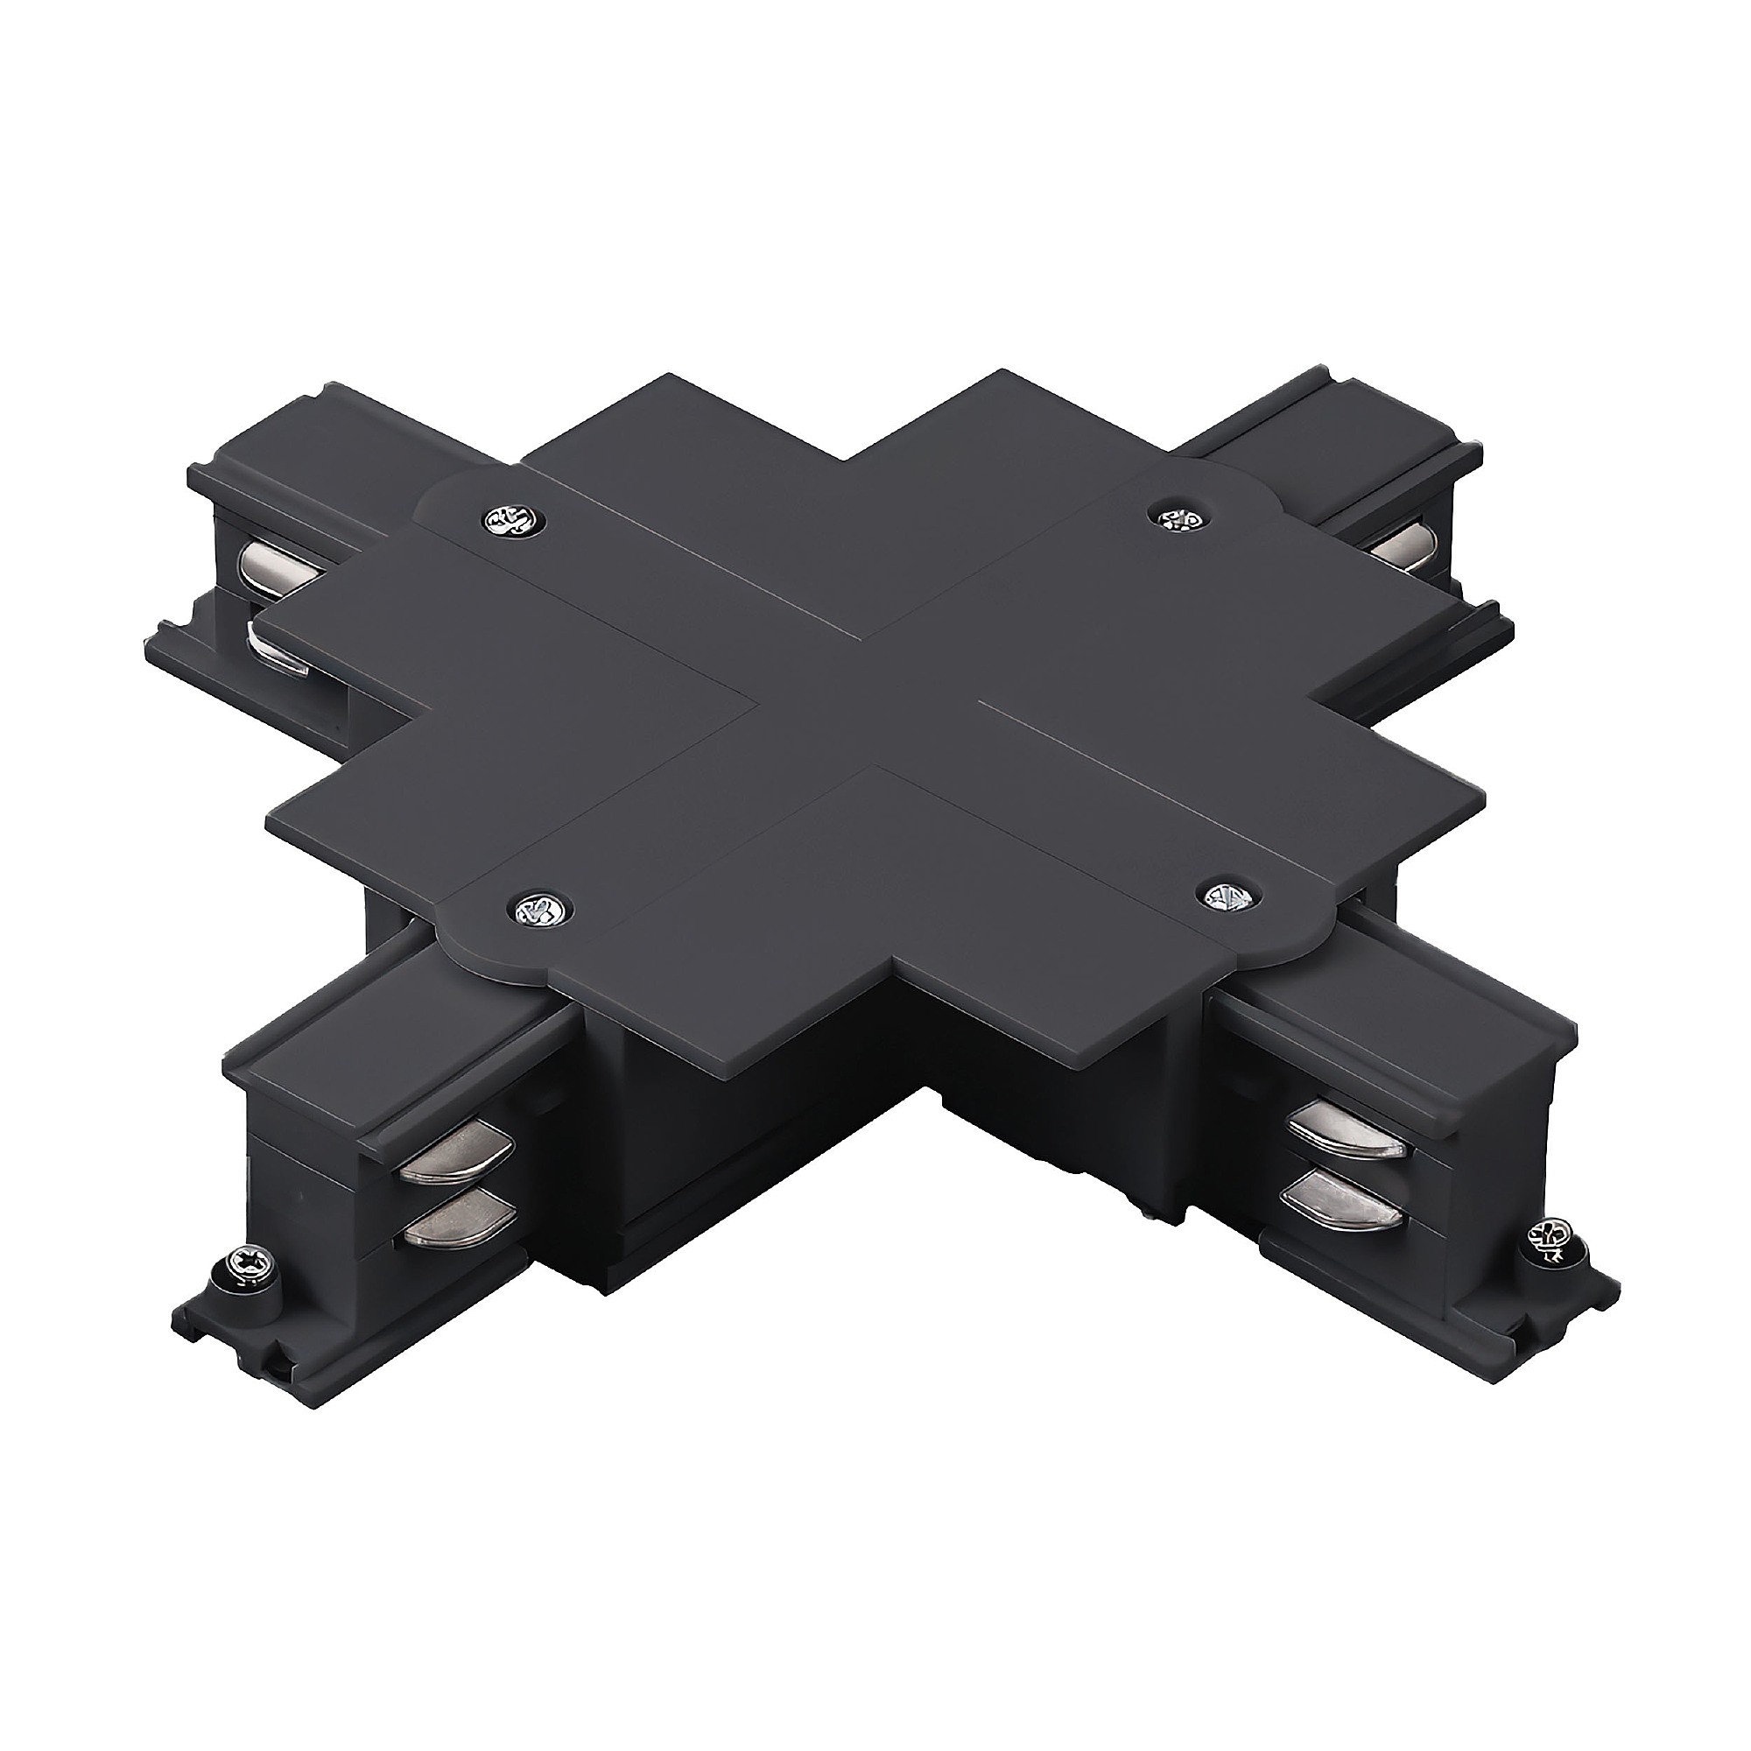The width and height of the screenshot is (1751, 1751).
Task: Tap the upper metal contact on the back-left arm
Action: (x=276, y=573)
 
